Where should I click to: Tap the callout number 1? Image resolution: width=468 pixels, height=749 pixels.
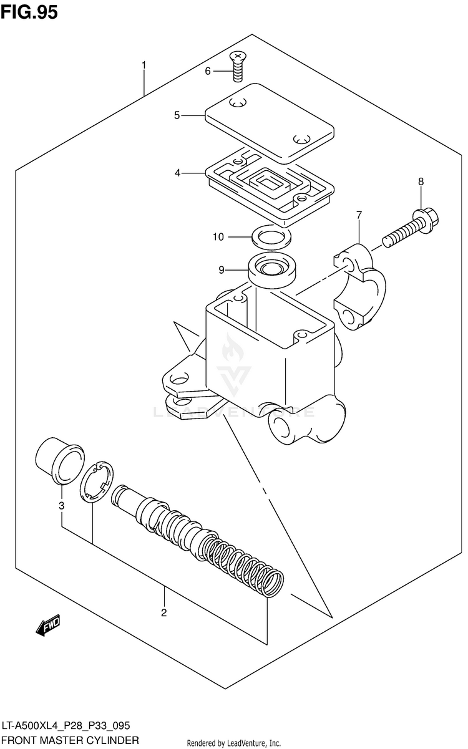(x=144, y=65)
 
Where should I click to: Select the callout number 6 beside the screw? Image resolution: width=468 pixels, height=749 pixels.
(x=208, y=71)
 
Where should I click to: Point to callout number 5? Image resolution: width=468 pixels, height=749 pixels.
(x=177, y=115)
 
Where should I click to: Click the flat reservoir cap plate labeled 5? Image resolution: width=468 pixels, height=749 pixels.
(x=268, y=122)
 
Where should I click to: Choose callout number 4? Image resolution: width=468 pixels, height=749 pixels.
(x=177, y=173)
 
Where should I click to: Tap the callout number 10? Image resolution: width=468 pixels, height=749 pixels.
(x=218, y=237)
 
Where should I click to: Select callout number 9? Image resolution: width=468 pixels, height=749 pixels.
(x=221, y=270)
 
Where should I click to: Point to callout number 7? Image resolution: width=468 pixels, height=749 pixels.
(x=359, y=216)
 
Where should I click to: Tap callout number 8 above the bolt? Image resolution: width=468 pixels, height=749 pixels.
(x=421, y=181)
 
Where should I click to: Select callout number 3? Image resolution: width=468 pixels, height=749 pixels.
(x=61, y=505)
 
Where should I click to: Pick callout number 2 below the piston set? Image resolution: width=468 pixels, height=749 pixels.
(x=163, y=612)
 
